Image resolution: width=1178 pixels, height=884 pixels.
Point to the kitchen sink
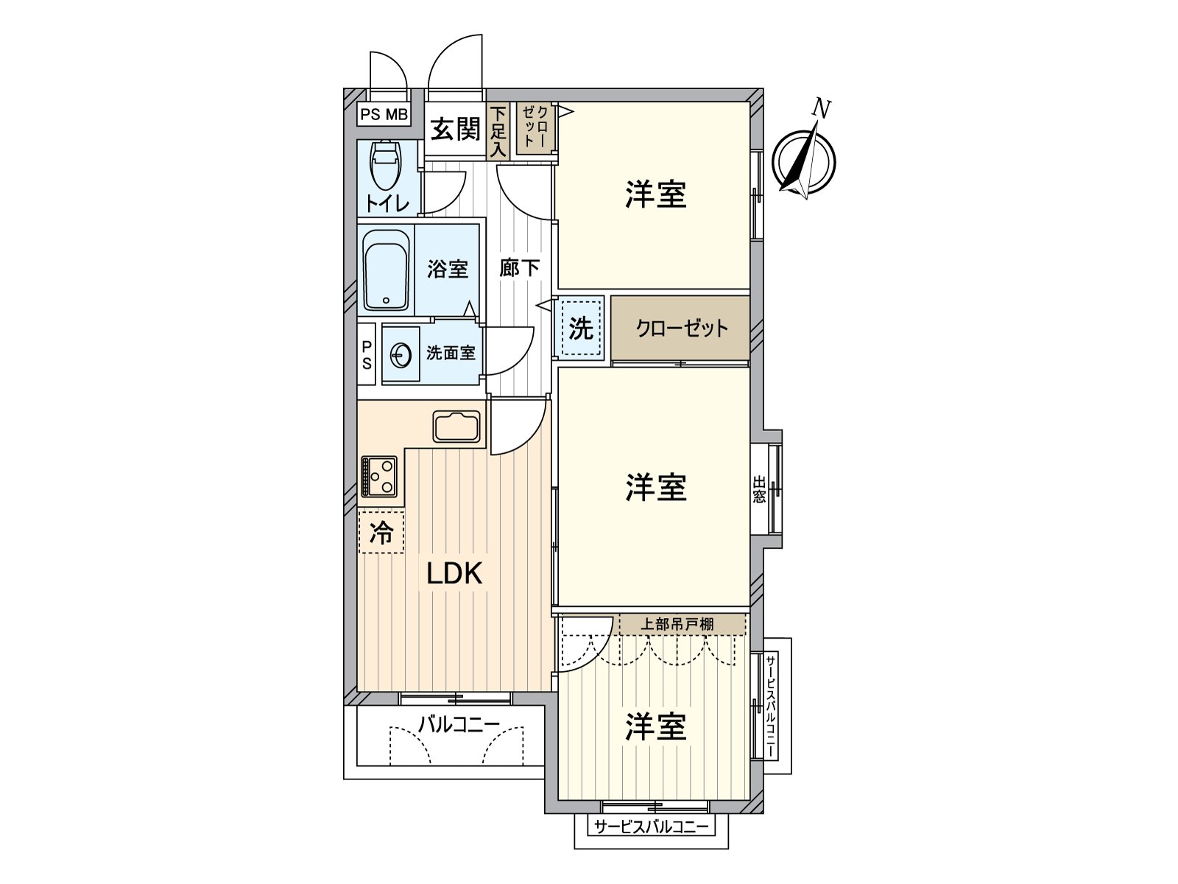click(x=456, y=426)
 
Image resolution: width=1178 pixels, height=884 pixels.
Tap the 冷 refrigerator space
click(x=381, y=532)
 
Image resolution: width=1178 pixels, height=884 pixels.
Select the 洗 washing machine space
click(x=581, y=329)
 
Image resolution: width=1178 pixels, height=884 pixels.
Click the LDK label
click(x=454, y=573)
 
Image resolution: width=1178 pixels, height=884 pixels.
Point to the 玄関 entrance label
click(x=456, y=130)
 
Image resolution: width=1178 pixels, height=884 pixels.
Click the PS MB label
click(x=384, y=115)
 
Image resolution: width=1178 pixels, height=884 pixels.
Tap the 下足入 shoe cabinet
click(x=498, y=131)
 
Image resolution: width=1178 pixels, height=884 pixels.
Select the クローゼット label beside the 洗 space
click(x=682, y=329)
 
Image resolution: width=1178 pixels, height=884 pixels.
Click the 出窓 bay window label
click(x=759, y=489)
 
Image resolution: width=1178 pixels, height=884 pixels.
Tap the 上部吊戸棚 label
click(x=676, y=624)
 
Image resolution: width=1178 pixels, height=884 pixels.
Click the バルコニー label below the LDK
click(x=459, y=725)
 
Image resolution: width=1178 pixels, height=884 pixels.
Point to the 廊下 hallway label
click(x=520, y=268)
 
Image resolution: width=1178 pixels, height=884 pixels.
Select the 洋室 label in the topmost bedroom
click(x=655, y=194)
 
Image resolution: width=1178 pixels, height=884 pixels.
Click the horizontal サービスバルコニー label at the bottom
click(x=651, y=827)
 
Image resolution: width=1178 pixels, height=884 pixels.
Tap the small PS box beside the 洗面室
click(x=367, y=355)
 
